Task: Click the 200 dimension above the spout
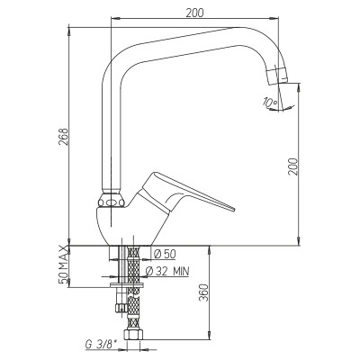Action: click(194, 13)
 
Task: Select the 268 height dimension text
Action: click(63, 137)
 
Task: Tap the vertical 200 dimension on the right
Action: click(293, 166)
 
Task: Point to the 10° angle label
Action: click(269, 103)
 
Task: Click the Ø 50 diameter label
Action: click(165, 254)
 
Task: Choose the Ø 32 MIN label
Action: click(167, 271)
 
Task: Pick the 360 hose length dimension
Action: click(202, 292)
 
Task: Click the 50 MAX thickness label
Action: click(63, 265)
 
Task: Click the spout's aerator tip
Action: click(277, 75)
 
